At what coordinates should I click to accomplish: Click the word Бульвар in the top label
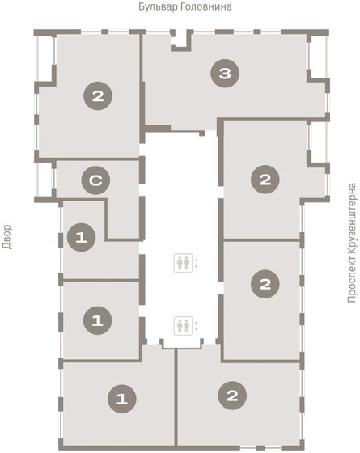158,6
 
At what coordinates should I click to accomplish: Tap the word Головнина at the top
206,6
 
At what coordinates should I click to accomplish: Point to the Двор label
7,237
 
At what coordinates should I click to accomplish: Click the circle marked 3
225,74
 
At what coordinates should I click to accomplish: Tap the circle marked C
95,180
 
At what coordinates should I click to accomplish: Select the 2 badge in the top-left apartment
98,96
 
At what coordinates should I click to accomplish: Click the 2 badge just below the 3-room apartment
265,180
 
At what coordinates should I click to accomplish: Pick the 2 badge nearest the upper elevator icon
265,284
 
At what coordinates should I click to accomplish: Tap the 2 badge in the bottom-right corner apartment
232,396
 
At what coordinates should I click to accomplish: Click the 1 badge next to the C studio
81,238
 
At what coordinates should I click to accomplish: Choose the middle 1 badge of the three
97,320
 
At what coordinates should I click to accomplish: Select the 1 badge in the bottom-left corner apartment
122,399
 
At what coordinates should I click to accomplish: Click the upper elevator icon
183,263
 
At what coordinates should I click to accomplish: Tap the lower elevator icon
183,325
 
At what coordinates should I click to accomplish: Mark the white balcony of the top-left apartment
45,58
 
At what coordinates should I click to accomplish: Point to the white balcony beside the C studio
45,180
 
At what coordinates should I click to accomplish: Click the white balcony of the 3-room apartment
318,57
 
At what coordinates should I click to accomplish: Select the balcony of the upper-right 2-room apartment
318,142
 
